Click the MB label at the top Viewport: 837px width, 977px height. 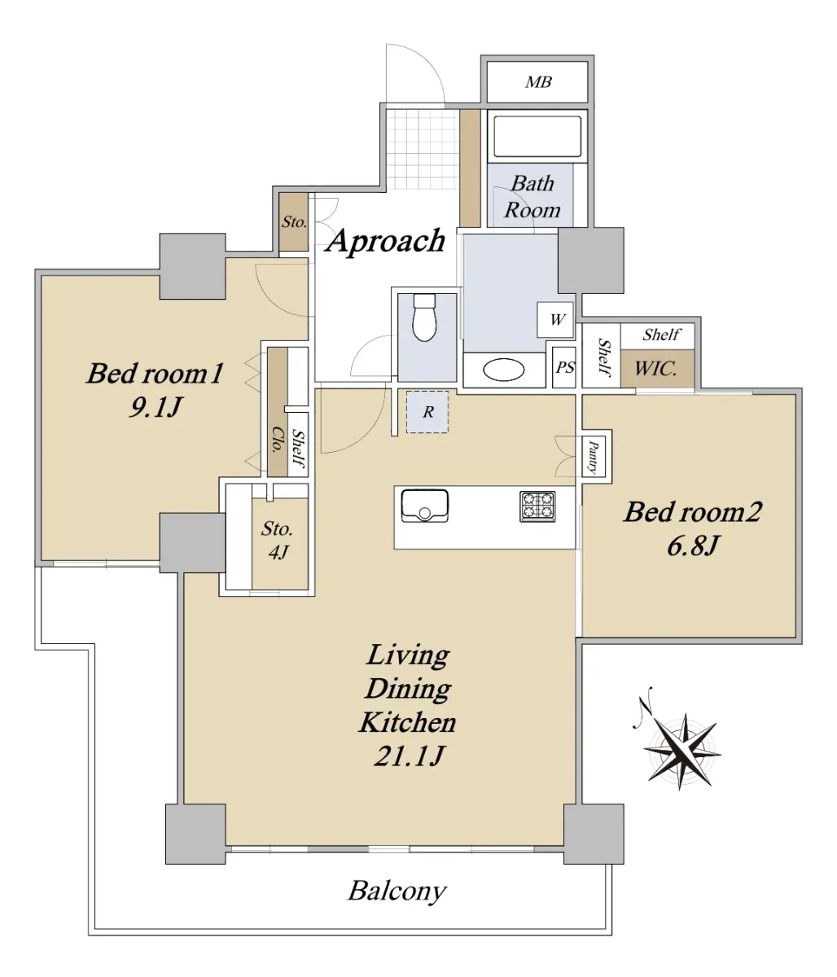coord(538,82)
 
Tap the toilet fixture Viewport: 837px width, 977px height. coord(424,318)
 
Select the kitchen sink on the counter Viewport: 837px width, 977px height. coord(424,506)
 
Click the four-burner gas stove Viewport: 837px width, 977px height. coord(537,506)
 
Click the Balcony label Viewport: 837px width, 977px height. coord(397,891)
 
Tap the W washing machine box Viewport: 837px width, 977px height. coord(555,320)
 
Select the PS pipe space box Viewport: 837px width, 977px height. coord(564,367)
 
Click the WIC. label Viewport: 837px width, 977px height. coord(655,368)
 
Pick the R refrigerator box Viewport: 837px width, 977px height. coord(427,412)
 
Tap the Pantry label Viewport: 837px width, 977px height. coord(593,457)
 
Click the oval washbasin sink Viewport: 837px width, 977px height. coord(504,370)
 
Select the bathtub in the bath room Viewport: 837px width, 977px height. coord(537,137)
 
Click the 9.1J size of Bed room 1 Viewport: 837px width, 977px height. coord(155,406)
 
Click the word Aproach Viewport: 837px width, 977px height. coord(386,242)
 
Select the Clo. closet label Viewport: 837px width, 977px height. coord(277,440)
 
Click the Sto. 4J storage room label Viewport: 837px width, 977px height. coord(278,541)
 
